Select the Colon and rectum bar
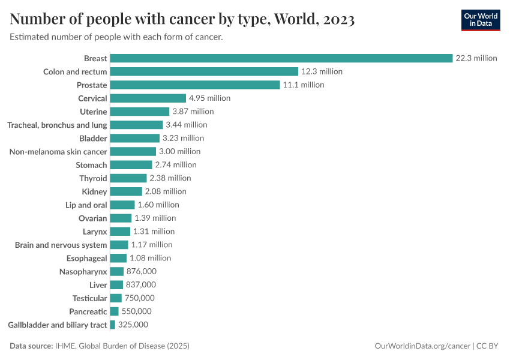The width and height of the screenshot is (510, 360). [204, 71]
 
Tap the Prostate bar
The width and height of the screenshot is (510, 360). [195, 85]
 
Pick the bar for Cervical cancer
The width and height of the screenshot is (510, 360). [148, 98]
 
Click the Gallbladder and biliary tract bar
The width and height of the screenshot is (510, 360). [113, 325]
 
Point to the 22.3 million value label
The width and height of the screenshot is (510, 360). [476, 58]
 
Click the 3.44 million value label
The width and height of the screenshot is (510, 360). [187, 125]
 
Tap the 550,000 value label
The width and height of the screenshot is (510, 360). [137, 311]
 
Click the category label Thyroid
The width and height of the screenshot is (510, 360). [93, 178]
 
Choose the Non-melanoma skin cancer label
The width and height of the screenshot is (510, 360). [58, 152]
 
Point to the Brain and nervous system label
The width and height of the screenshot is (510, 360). [61, 245]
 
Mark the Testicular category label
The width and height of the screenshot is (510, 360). [89, 298]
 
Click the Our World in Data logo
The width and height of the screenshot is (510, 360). [480, 19]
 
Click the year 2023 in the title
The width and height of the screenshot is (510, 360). [338, 20]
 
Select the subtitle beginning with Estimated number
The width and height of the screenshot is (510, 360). [116, 37]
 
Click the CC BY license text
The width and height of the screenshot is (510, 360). [488, 346]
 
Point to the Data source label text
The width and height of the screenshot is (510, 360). [32, 346]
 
